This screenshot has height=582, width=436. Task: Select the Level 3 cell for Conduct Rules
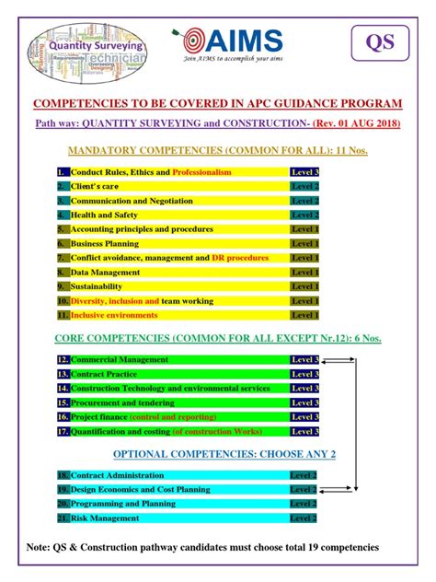(304, 172)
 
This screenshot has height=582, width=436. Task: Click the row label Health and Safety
(105, 215)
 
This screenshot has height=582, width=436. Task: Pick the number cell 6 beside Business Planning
(63, 244)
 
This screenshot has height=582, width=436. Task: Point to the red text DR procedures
(241, 258)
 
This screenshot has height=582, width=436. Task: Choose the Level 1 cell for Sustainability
(304, 286)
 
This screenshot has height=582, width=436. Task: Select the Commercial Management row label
(120, 359)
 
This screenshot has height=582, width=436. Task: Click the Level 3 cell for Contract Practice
(304, 374)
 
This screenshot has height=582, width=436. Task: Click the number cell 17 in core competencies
(63, 431)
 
